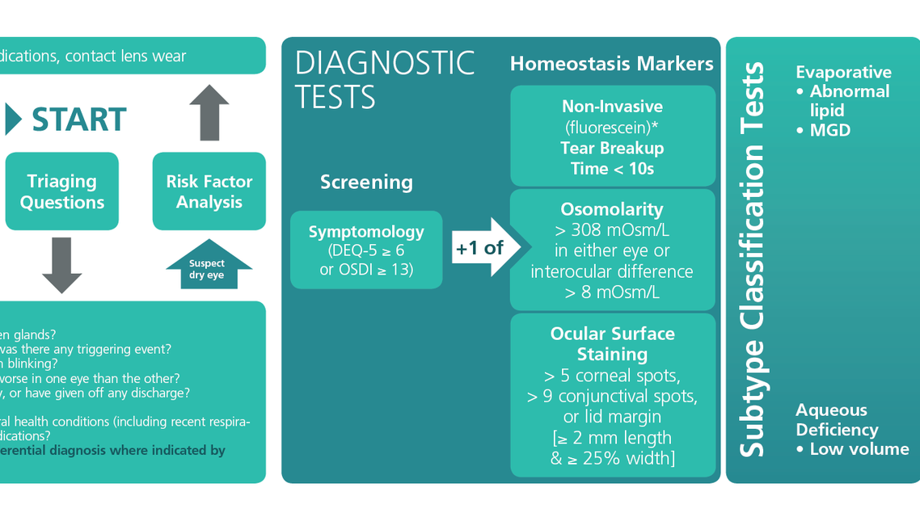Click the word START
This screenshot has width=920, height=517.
[x=79, y=120]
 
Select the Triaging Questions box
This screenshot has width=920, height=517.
[x=62, y=191]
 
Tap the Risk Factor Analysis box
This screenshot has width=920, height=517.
[x=209, y=191]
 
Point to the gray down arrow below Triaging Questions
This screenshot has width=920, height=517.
[x=62, y=265]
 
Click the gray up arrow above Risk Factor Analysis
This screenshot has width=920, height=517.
[x=209, y=112]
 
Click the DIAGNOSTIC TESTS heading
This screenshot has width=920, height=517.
[x=385, y=80]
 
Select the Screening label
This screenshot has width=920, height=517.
[x=366, y=183]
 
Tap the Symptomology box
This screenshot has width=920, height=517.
[x=366, y=250]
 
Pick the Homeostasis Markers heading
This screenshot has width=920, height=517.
[x=612, y=65]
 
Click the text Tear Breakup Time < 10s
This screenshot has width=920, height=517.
[x=612, y=158]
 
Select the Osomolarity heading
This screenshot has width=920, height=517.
[x=612, y=208]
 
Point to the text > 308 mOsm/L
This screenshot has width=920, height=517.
[x=612, y=229]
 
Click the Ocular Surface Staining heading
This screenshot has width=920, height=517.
[x=612, y=344]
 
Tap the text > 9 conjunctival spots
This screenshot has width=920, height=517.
[x=612, y=397]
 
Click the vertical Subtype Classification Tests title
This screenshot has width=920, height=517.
[x=753, y=260]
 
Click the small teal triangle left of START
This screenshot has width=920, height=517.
[x=13, y=120]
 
